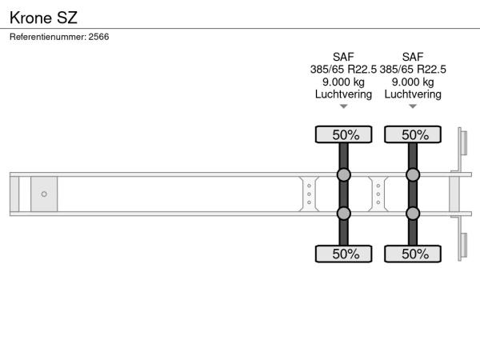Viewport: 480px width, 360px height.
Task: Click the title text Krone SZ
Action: click(x=43, y=18)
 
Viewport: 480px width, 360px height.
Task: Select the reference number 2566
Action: click(x=98, y=37)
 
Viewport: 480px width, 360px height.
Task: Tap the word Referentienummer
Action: click(x=48, y=37)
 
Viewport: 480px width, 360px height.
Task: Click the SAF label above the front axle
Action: click(x=343, y=57)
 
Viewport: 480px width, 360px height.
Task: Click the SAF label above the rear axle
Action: click(x=413, y=57)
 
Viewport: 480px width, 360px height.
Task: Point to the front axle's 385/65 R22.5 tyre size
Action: click(x=343, y=69)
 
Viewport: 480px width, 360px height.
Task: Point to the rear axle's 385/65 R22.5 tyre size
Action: click(x=413, y=69)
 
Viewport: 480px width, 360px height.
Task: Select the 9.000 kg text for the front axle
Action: click(x=343, y=82)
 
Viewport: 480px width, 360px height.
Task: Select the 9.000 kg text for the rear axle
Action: click(x=413, y=82)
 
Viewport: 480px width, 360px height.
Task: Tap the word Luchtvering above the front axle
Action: click(x=343, y=94)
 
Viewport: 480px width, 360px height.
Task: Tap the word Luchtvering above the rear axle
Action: click(x=413, y=94)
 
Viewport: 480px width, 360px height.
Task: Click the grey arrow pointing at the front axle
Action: click(x=344, y=106)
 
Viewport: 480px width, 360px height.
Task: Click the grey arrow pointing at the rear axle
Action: click(x=413, y=106)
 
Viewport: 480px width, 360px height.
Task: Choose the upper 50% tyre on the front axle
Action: click(x=344, y=134)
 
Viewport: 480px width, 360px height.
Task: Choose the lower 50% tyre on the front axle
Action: click(x=344, y=254)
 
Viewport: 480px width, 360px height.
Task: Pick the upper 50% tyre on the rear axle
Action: click(x=413, y=134)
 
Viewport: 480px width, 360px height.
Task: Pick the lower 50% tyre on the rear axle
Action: click(x=413, y=254)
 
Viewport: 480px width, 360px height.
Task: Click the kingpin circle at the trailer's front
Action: click(x=44, y=194)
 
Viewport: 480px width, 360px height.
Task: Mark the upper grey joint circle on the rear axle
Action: click(x=413, y=174)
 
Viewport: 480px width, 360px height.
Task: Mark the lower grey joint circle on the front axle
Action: click(x=344, y=214)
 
